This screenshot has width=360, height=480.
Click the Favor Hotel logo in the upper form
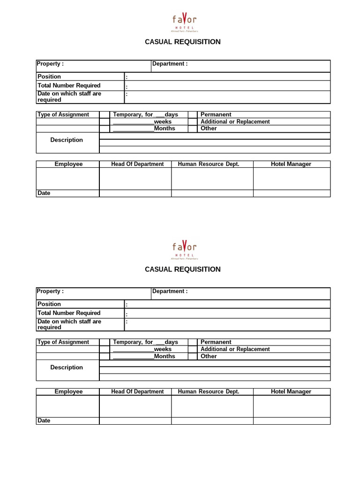184,21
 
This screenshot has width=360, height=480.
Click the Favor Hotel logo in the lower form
184,248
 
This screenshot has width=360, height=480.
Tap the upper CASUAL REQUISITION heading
183,42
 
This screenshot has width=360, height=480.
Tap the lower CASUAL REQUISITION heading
183,269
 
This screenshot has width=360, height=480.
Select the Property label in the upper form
50,64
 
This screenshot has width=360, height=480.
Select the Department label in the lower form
170,291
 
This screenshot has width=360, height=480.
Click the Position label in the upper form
49,76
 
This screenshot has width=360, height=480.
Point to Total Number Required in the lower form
69,313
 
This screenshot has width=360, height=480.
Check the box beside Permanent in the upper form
193,114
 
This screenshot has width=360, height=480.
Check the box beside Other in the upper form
193,128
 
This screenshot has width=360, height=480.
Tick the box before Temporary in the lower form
104,342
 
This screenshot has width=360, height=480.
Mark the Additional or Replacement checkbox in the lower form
193,349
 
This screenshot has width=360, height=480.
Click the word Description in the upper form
67,140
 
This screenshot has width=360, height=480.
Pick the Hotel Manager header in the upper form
291,164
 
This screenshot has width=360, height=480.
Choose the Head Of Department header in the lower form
137,391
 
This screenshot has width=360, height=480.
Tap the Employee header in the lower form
68,391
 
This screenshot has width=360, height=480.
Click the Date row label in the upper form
44,193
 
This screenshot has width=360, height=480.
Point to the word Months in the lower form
165,356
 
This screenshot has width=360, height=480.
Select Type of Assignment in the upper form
63,114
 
